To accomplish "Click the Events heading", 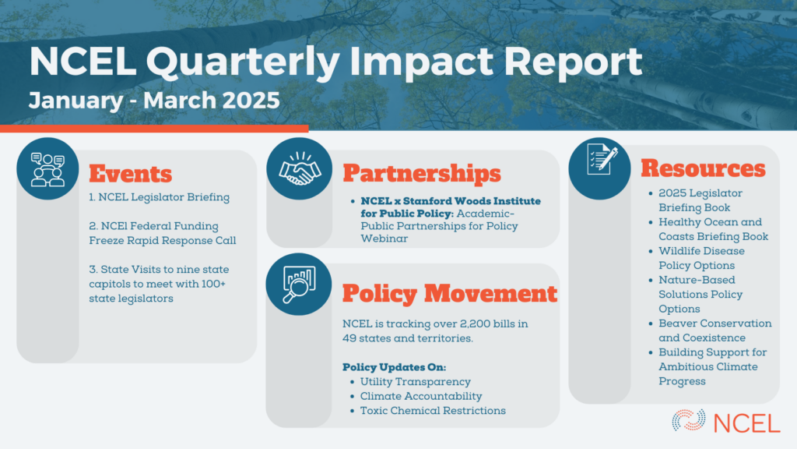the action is point(131,174).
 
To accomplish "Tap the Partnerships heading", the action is point(422,174).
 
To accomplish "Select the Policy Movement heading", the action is point(450,294).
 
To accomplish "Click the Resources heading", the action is point(703,168).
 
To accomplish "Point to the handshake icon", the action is point(300,168).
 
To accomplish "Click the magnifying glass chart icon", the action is point(299,284).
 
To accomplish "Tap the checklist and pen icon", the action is point(602,159).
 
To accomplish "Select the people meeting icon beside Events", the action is point(47,169).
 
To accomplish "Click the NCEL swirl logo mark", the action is point(689,420).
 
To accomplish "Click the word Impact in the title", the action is point(421,62).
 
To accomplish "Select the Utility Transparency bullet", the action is point(416,382).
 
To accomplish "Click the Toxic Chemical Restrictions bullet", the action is point(433,411).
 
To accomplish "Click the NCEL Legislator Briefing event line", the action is point(159,197).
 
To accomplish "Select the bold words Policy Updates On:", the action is point(394,367).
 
